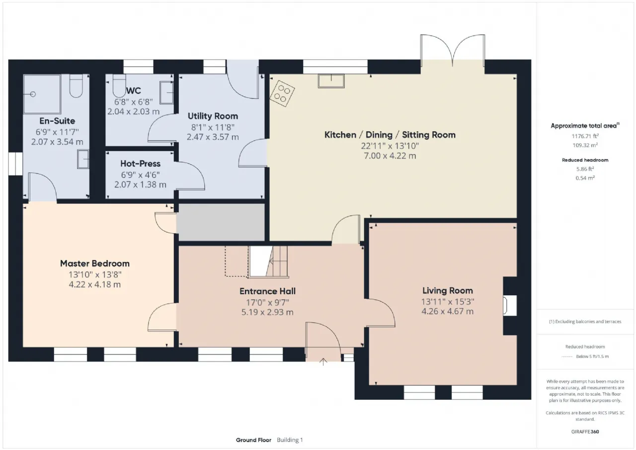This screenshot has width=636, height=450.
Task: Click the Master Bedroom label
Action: (95, 264)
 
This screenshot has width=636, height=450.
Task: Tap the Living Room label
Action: (448, 290)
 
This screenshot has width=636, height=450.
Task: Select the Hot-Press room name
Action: (140, 164)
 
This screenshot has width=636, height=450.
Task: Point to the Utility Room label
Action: (213, 116)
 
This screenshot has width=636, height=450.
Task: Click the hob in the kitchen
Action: (282, 94)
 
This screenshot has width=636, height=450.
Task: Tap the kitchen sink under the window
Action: (331, 81)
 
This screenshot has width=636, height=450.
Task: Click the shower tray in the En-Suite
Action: (42, 94)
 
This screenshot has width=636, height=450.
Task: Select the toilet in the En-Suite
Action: (76, 86)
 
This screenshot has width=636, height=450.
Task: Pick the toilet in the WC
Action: (119, 86)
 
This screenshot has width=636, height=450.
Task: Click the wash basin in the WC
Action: (166, 92)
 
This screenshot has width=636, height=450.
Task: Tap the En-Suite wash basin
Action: (83, 159)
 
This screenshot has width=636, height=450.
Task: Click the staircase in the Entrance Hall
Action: (269, 262)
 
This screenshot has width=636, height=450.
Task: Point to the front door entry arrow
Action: (323, 361)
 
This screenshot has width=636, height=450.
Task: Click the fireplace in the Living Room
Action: (510, 306)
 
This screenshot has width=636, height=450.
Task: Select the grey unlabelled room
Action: (220, 222)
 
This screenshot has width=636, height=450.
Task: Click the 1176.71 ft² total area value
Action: (585, 136)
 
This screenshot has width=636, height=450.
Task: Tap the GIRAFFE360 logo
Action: (585, 432)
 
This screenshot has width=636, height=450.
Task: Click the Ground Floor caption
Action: (253, 440)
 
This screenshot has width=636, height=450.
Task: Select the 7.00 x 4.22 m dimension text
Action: (390, 156)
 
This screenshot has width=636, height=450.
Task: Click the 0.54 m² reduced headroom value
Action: (585, 178)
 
